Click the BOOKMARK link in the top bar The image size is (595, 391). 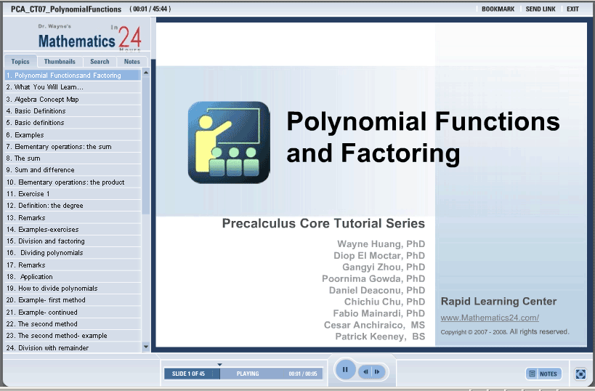click(x=498, y=9)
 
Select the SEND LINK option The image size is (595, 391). click(x=541, y=9)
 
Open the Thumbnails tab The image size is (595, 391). click(x=60, y=62)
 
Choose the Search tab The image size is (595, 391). click(x=100, y=62)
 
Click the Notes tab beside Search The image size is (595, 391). click(x=131, y=62)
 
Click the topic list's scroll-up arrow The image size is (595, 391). click(x=146, y=73)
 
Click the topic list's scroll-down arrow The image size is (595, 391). click(x=146, y=347)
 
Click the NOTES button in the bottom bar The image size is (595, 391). click(x=543, y=374)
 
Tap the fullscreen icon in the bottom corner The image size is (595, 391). click(x=580, y=374)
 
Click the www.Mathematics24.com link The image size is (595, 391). click(x=490, y=318)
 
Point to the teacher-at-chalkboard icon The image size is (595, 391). click(x=229, y=142)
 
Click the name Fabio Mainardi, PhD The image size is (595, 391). click(x=379, y=313)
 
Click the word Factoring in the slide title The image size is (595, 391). click(x=400, y=153)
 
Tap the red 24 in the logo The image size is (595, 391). click(x=130, y=37)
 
